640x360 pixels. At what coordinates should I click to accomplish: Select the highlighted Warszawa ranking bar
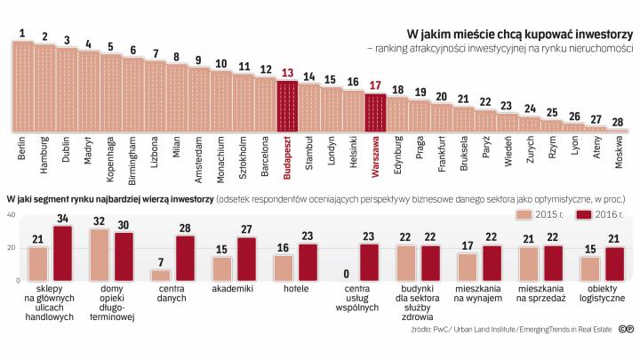375,110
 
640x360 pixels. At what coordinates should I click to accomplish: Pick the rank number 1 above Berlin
22,34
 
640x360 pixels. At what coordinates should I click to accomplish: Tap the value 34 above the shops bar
63,218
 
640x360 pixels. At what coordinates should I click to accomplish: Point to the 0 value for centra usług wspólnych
345,274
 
